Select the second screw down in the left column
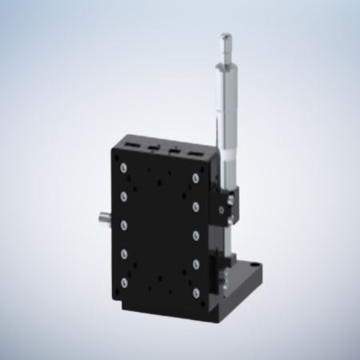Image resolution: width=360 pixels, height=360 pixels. point(123,195)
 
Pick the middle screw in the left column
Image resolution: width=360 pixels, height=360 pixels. point(124,225)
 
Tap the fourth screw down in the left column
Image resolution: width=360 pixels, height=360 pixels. point(125,254)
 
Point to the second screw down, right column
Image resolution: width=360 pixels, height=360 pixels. point(196,206)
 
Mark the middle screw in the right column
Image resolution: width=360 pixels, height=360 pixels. point(196,236)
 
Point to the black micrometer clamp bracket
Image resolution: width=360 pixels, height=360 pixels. point(226,206)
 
